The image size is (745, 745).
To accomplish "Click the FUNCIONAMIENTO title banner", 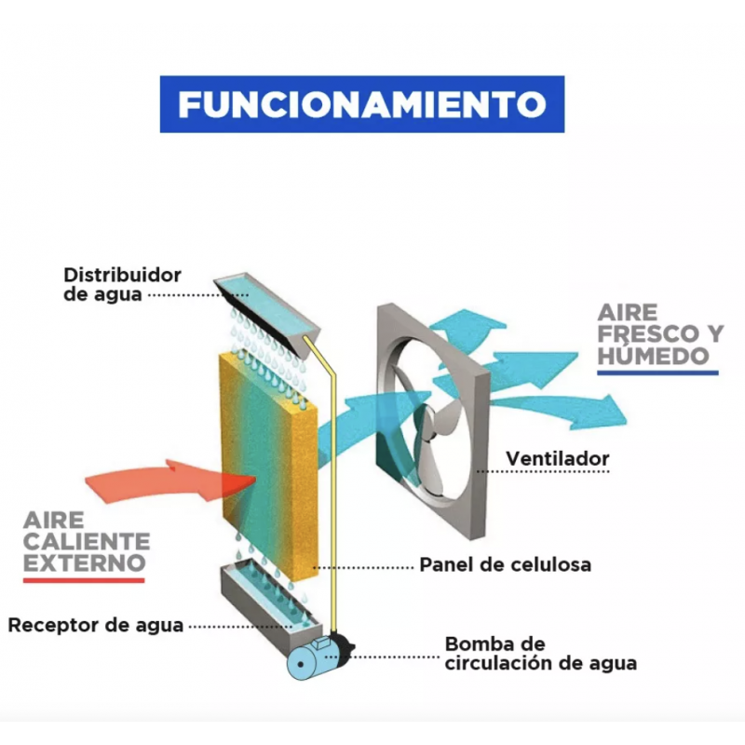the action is pos(362,104).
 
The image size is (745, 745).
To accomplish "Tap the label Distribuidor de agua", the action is pos(122,284).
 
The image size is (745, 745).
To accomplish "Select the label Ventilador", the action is pos(557,458).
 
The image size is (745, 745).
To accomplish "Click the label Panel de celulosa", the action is pos(506,564).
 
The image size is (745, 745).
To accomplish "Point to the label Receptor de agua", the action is pos(96,625).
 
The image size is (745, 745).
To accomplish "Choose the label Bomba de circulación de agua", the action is pos(541,654).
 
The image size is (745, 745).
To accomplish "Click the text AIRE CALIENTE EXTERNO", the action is pos(87,542).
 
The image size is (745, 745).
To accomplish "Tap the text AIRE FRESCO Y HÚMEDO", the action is pos(660,334).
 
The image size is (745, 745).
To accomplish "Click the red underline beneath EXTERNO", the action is pos(84,580).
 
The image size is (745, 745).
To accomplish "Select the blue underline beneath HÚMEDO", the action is pos(657,373).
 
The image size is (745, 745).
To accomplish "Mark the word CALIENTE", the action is pos(87,542).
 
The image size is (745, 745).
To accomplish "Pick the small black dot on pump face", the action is pos(300,664).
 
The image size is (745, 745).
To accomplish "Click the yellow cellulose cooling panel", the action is pos(269,467).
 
